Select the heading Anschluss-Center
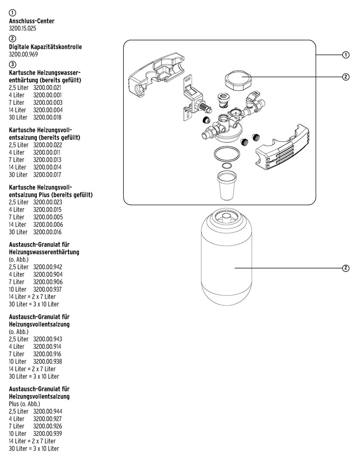[32, 21]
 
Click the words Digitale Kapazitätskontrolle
[45, 46]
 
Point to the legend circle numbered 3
[12, 65]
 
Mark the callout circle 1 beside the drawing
[346, 55]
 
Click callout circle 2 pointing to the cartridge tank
[346, 268]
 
